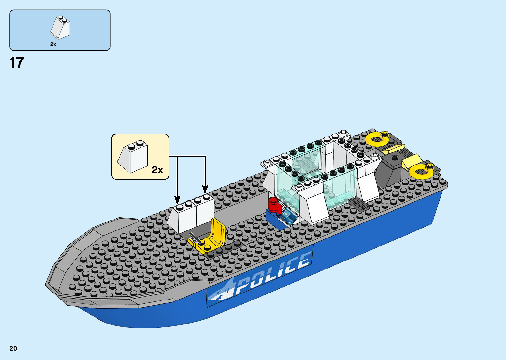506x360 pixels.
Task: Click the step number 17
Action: pos(17,63)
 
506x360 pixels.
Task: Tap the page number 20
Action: pos(13,348)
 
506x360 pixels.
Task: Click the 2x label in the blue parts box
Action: pos(53,44)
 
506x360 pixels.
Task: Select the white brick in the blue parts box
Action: pos(60,28)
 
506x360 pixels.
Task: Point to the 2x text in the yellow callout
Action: pos(157,170)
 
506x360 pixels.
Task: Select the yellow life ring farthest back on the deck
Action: pos(377,139)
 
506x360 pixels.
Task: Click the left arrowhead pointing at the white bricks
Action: pos(177,200)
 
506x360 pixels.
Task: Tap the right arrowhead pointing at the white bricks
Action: pos(205,190)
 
